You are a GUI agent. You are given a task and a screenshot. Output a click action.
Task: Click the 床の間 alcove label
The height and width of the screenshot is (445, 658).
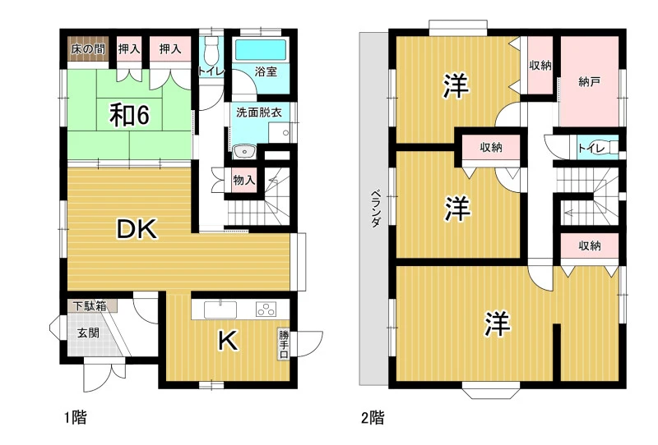[x=88, y=49]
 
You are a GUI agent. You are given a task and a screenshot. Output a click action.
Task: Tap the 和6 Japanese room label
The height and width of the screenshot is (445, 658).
[x=129, y=115]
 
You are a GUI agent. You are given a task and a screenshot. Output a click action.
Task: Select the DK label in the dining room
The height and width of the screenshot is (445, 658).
[x=137, y=229]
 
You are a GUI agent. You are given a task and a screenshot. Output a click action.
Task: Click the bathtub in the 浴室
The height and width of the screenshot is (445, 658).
[x=260, y=50]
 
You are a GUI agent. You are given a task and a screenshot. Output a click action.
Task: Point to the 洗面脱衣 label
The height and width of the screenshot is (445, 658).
[x=259, y=112]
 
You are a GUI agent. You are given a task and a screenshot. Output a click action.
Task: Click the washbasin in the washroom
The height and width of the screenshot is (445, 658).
[x=244, y=151]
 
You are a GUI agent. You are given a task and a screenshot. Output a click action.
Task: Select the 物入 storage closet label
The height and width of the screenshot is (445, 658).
[x=243, y=180]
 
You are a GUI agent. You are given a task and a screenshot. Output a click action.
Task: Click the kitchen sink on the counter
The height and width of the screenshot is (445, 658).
[x=220, y=310]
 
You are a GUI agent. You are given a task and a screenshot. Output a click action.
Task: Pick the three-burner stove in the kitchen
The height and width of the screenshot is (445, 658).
[x=266, y=310]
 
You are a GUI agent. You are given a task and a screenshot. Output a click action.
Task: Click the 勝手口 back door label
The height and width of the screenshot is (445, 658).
[x=284, y=345]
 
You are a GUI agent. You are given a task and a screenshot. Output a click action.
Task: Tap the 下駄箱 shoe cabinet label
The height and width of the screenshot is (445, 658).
[x=90, y=305]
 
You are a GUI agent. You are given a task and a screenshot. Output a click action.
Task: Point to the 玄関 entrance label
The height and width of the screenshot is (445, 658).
[x=88, y=333]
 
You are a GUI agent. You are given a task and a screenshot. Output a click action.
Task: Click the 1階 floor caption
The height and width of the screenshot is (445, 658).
[x=76, y=417]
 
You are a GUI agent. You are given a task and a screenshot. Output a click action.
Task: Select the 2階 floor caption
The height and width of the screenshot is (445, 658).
[x=373, y=417]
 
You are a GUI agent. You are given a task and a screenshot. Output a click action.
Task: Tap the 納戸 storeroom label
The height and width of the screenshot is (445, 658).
[x=589, y=82]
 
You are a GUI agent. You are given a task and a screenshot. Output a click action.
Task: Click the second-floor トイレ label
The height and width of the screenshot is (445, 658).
[x=591, y=148]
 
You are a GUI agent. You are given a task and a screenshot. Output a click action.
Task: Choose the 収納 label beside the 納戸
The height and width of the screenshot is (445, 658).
[x=540, y=66]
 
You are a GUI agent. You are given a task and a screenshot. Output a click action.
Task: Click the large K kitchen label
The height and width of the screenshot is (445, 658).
[x=229, y=340]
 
